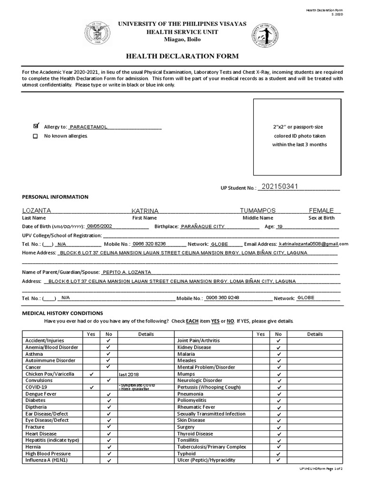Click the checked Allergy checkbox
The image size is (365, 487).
pyautogui.click(x=36, y=126)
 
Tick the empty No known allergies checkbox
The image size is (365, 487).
pyautogui.click(x=36, y=136)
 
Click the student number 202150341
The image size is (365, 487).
pyautogui.click(x=279, y=186)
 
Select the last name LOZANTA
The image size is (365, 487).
pyautogui.click(x=37, y=211)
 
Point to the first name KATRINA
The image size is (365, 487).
pyautogui.click(x=145, y=211)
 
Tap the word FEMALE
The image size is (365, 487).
pyautogui.click(x=321, y=211)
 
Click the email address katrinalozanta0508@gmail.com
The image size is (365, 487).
pyautogui.click(x=313, y=243)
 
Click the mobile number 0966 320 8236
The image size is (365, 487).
pyautogui.click(x=149, y=243)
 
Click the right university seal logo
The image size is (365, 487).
pyautogui.click(x=265, y=36)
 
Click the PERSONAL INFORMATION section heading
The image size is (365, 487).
pyautogui.click(x=55, y=197)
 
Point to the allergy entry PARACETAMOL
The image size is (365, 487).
pyautogui.click(x=88, y=127)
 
